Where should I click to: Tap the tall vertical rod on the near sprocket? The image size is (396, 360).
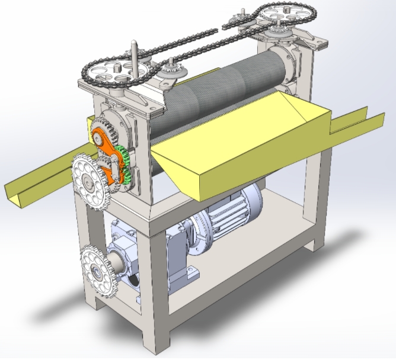click(135, 56)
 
